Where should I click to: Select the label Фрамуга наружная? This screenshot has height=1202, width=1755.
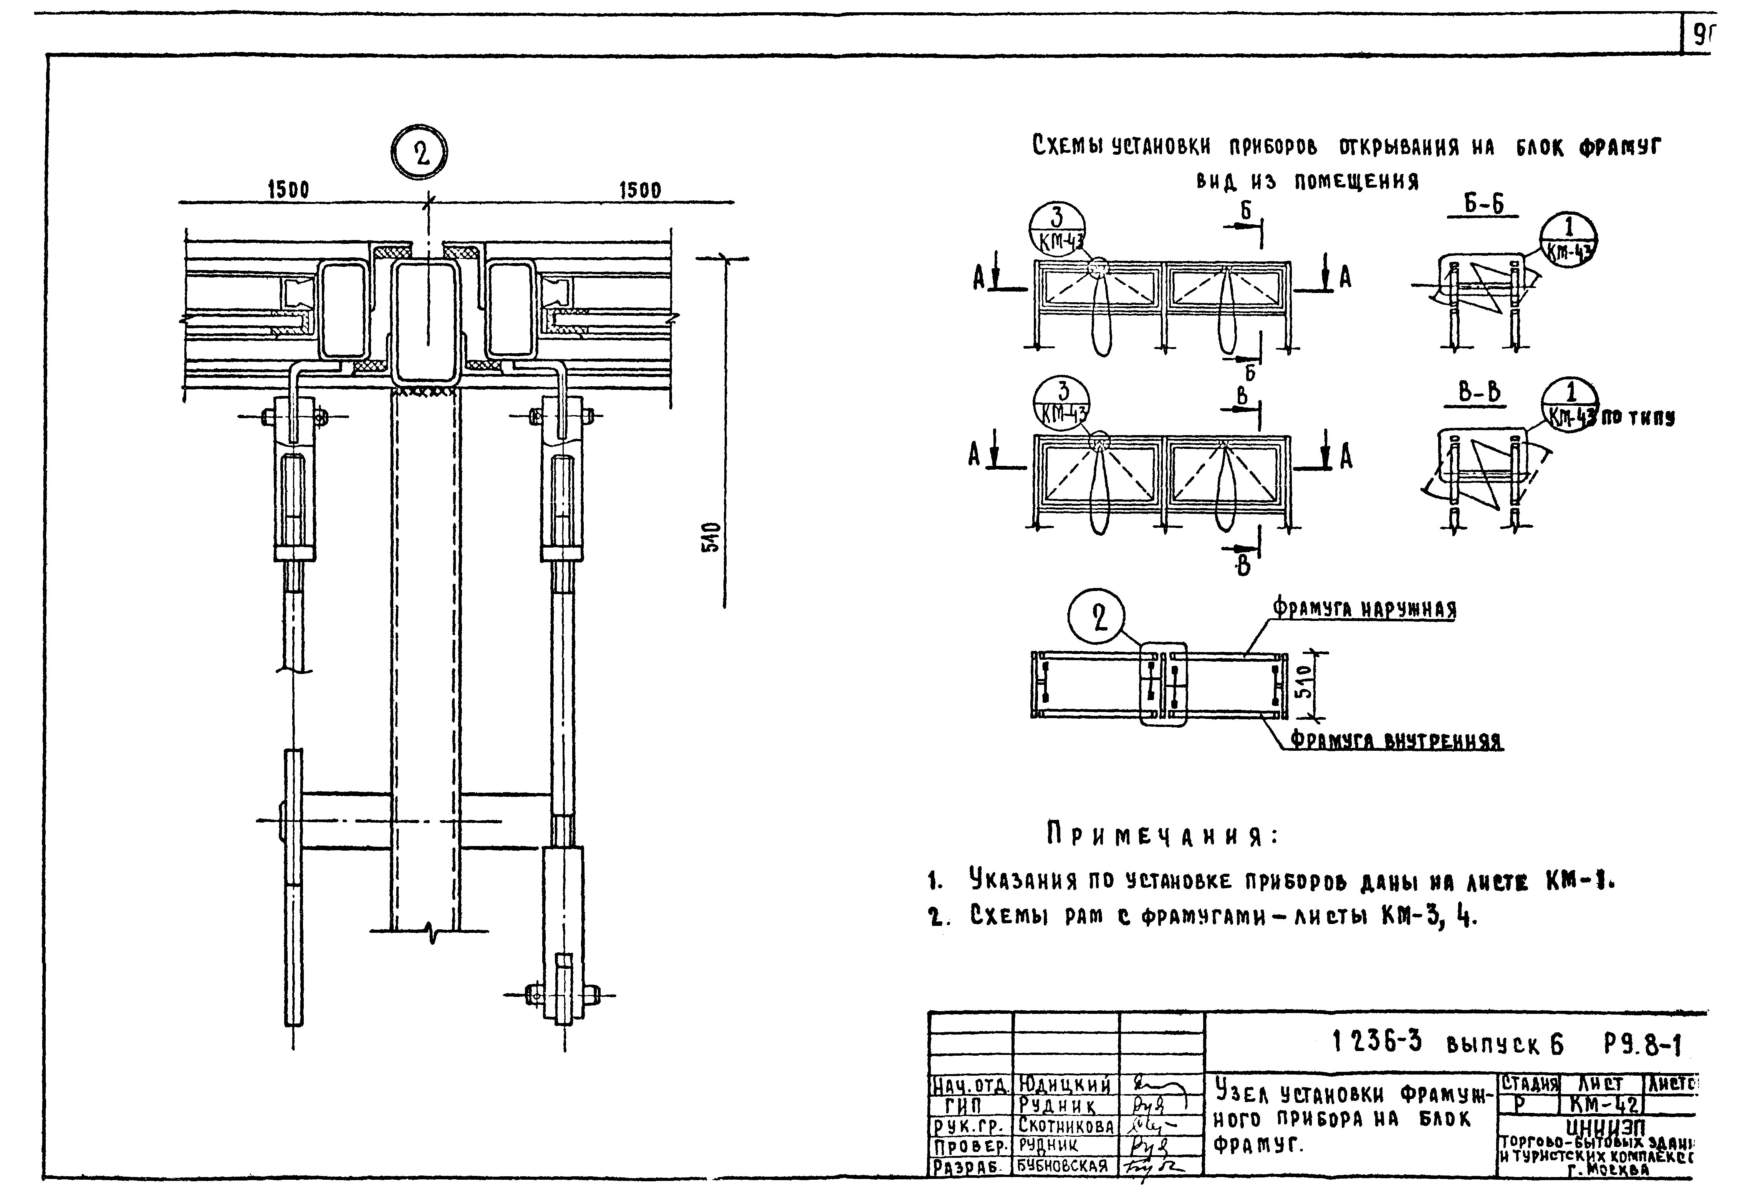tap(1364, 609)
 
